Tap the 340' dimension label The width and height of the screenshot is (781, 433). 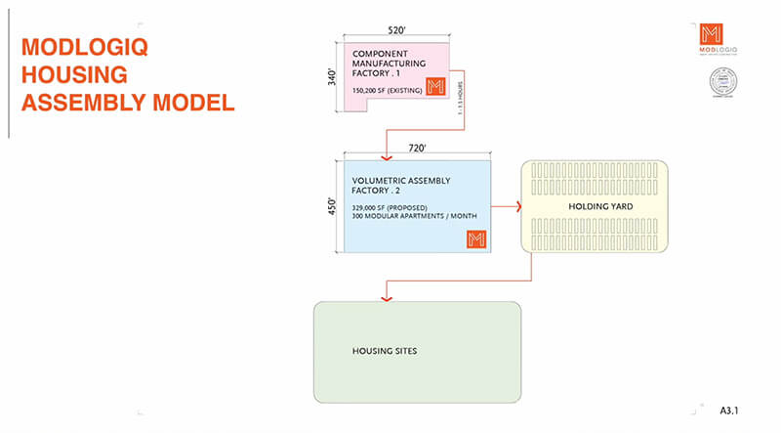tap(331, 75)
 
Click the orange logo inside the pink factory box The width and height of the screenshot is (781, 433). tap(436, 86)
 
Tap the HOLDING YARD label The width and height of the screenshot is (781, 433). tap(596, 208)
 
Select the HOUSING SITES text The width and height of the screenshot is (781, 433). tap(384, 350)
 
